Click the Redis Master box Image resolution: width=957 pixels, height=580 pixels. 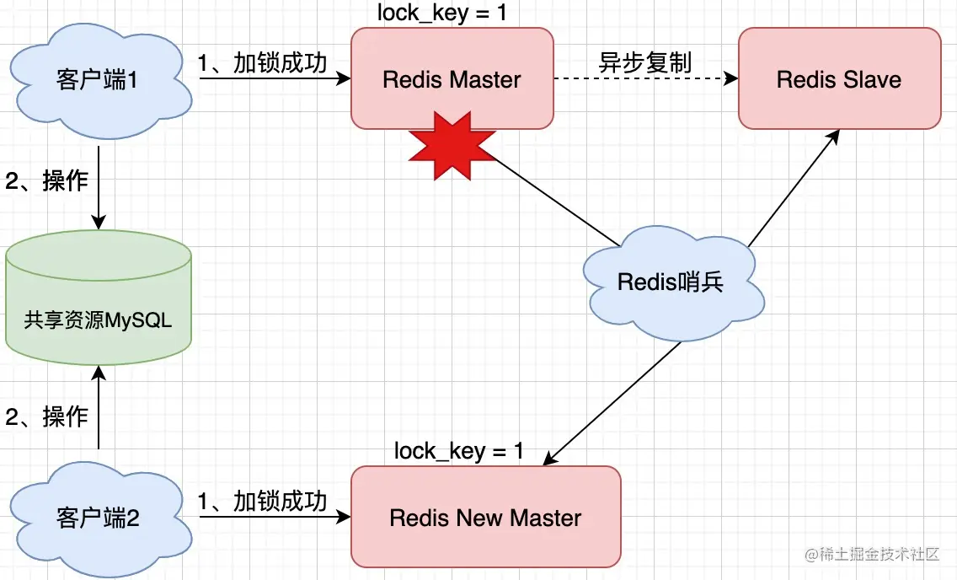pos(452,79)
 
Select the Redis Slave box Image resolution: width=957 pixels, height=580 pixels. pos(839,79)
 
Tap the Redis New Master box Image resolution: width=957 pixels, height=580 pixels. pos(485,517)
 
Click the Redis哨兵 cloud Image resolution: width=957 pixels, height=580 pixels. pos(671,282)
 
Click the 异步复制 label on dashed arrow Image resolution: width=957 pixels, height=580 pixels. pos(644,63)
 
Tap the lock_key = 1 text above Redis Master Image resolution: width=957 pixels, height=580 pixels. pos(442,13)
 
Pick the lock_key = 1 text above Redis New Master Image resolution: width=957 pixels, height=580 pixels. pos(459,450)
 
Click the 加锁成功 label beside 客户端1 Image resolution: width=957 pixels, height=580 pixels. pos(262,63)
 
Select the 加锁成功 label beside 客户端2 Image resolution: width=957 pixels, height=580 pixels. pos(262,502)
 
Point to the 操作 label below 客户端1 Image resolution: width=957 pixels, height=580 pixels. pos(47,180)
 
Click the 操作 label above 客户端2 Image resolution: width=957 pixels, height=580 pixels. pos(47,416)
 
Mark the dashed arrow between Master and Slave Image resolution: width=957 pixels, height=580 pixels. pos(644,80)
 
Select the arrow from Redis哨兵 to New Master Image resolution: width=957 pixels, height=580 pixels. pos(612,402)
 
